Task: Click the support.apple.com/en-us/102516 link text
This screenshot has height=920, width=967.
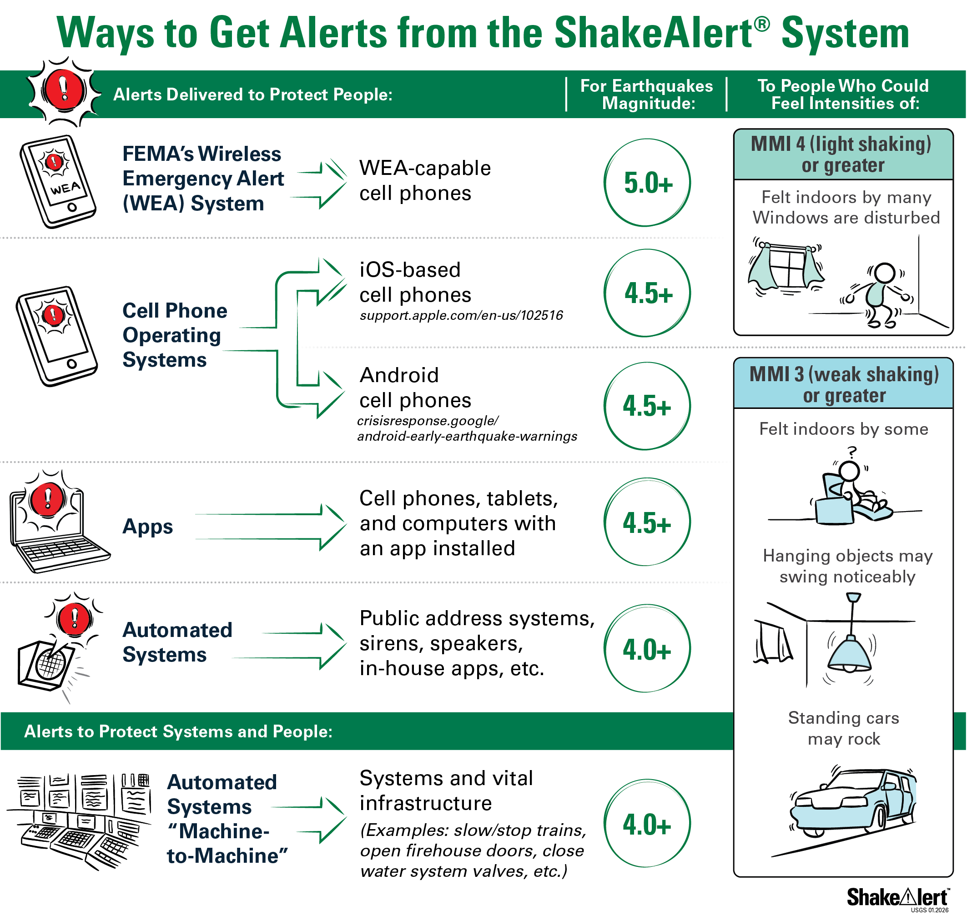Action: (x=461, y=315)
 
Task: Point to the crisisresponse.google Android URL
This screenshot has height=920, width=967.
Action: (x=467, y=428)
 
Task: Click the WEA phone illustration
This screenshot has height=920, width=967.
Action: (x=58, y=181)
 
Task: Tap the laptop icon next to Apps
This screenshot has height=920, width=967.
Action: (x=59, y=522)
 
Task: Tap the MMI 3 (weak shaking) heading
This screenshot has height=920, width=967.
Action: (x=844, y=384)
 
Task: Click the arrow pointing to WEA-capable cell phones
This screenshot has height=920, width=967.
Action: (x=319, y=184)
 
